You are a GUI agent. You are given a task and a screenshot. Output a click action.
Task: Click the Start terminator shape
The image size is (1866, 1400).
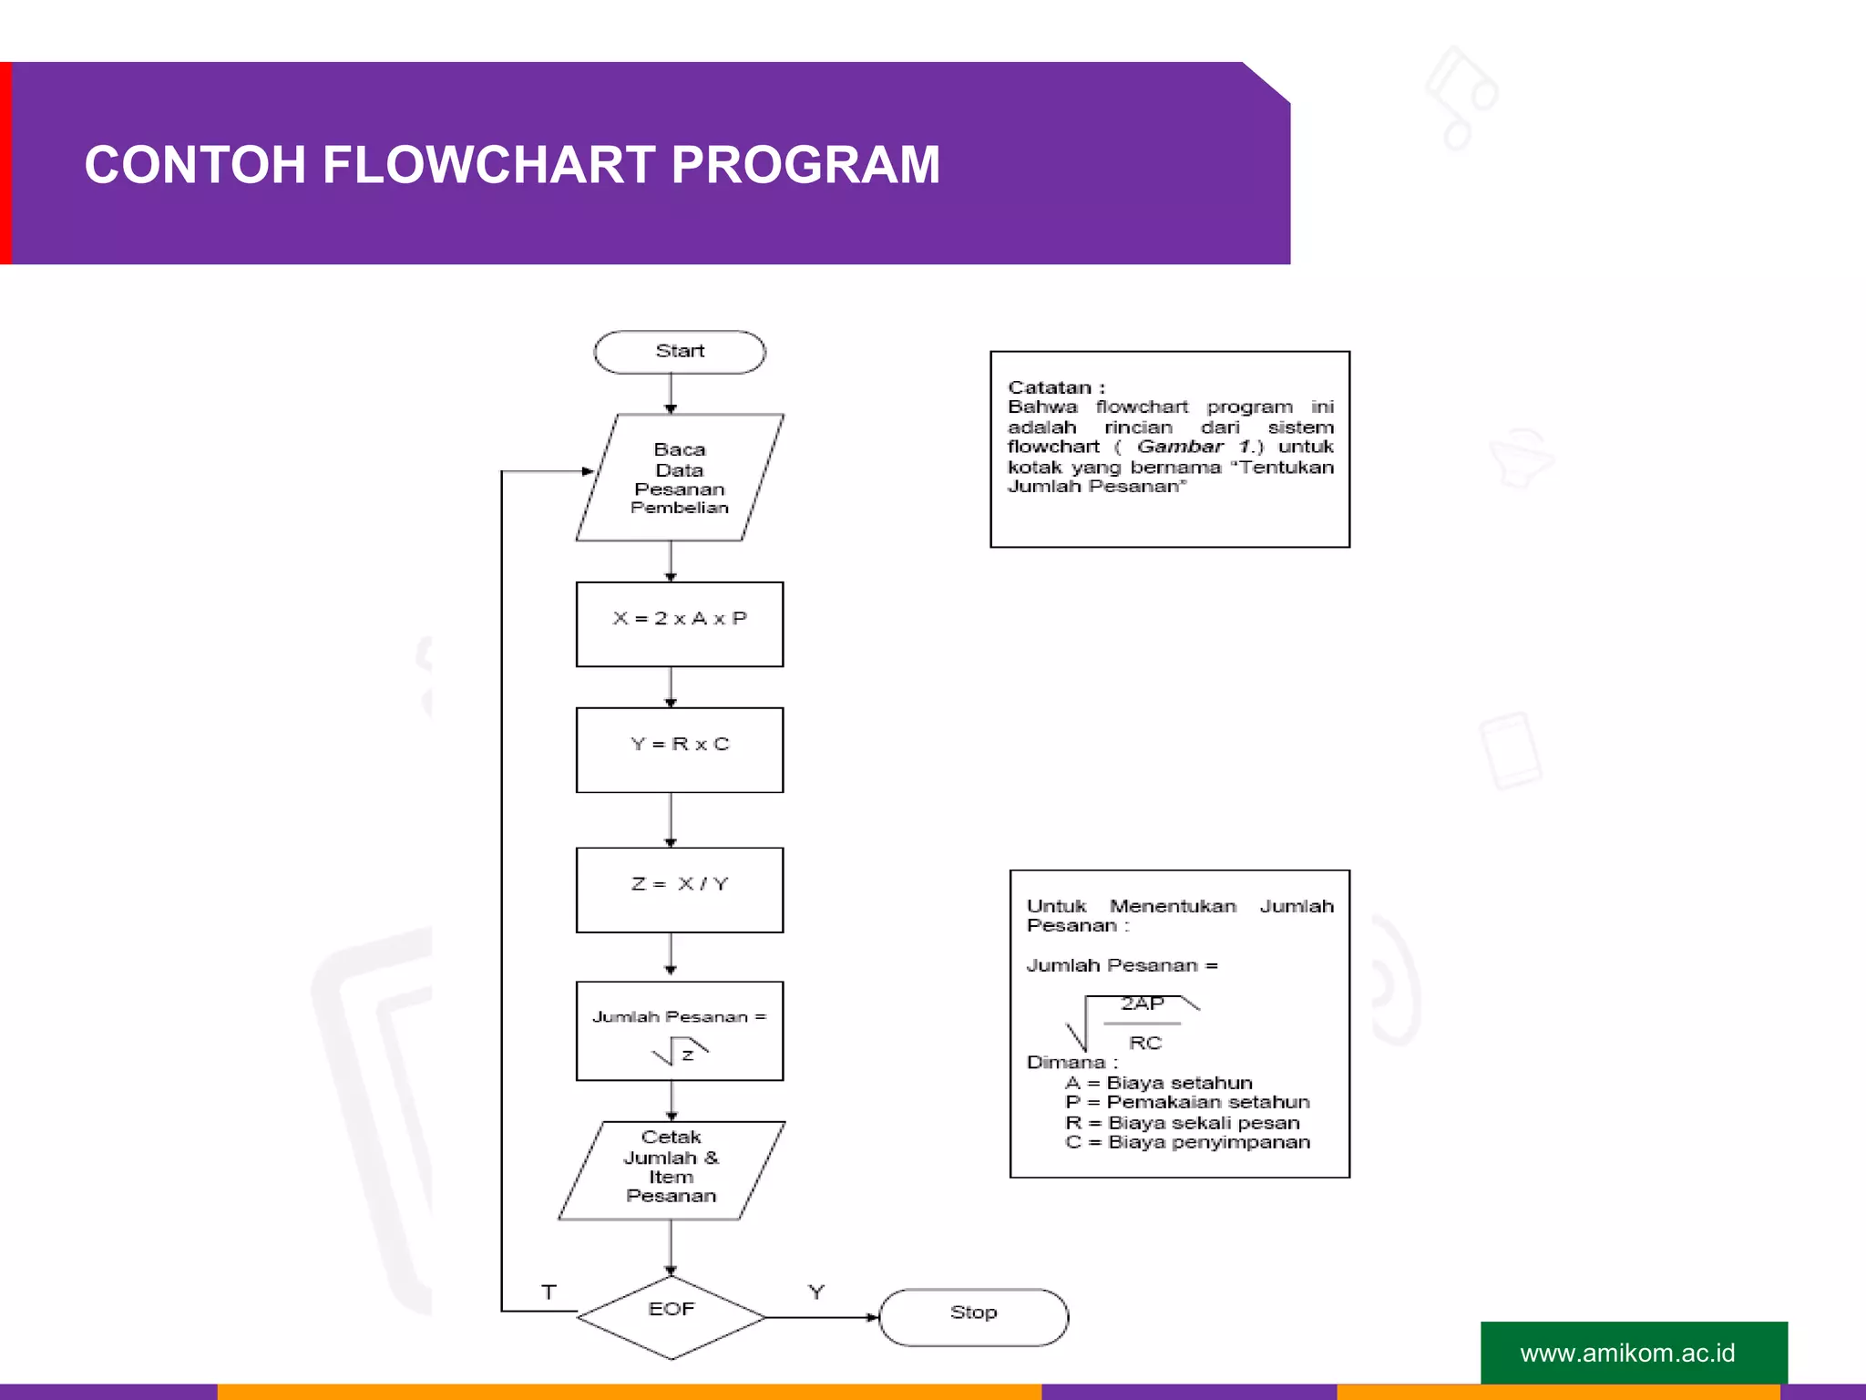(x=679, y=352)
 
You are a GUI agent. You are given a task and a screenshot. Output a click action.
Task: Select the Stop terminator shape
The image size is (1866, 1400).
(x=973, y=1316)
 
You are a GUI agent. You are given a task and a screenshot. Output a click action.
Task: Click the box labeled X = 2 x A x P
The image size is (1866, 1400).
(x=679, y=623)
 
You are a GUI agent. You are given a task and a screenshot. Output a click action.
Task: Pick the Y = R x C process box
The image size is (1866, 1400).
(x=679, y=749)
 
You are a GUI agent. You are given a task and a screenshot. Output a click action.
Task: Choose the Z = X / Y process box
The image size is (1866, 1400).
(x=679, y=890)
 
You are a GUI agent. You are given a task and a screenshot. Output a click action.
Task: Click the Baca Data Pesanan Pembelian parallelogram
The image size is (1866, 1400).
(x=679, y=478)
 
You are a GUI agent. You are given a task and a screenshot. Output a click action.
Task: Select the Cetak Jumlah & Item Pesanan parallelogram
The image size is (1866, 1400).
(x=672, y=1169)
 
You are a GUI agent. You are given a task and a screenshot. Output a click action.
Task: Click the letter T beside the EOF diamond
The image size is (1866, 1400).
(x=549, y=1292)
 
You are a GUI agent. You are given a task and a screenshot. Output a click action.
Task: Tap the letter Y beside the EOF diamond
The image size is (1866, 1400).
(x=816, y=1292)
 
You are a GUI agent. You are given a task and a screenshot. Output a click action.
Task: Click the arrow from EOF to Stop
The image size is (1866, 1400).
(x=820, y=1317)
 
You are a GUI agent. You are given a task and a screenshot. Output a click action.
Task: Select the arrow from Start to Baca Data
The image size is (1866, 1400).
(x=671, y=394)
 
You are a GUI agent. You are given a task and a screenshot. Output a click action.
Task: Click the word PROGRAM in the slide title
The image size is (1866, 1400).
(x=805, y=165)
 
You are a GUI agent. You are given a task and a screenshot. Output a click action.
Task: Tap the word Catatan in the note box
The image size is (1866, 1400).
(x=1049, y=387)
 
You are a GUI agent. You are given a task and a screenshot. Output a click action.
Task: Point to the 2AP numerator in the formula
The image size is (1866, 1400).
(x=1143, y=1004)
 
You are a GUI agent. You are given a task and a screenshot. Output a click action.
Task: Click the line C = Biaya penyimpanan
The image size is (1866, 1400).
(x=1187, y=1142)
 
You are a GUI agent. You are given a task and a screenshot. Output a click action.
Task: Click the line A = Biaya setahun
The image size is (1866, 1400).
(x=1158, y=1083)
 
